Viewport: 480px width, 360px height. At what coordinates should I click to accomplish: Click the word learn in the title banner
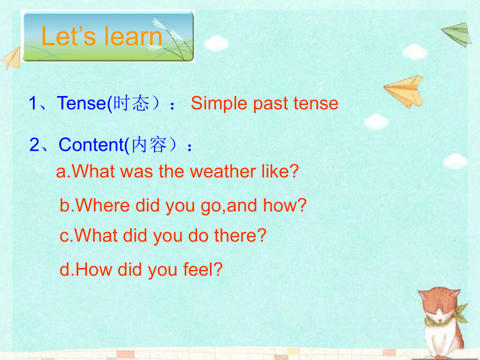(132, 36)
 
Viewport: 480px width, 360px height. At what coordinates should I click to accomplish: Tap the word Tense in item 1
(81, 103)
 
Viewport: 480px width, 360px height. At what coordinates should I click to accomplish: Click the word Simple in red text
(219, 103)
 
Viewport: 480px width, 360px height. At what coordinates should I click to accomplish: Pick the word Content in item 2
(92, 145)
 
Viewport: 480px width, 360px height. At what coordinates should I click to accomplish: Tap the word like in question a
(276, 171)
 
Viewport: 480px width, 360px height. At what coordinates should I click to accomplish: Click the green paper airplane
(457, 34)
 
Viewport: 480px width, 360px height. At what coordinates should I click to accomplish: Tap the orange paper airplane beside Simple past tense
(405, 91)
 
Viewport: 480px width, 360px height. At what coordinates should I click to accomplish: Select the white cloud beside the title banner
(217, 43)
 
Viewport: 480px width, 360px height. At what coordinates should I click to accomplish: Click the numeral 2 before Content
(34, 145)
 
